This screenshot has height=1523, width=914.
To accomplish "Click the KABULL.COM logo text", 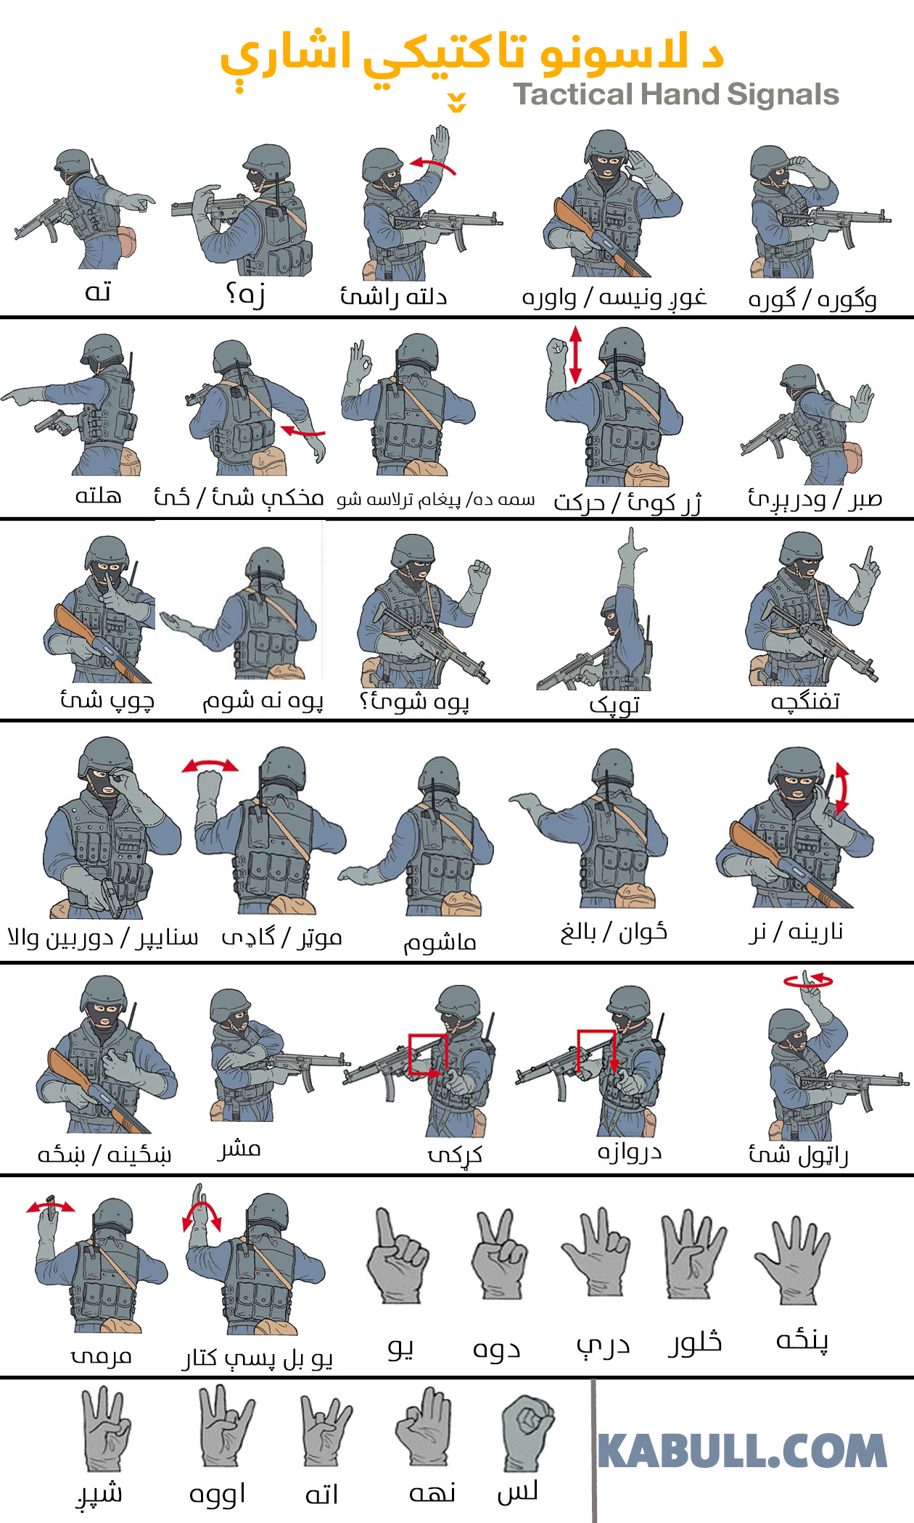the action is (742, 1451).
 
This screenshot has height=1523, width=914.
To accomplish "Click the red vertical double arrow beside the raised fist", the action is (575, 355).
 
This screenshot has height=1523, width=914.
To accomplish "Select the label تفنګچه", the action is (805, 701).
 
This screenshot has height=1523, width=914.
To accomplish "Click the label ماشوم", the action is (440, 943).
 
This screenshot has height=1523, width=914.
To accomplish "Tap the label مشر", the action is (239, 1149).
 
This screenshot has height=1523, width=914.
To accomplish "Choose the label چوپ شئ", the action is (107, 701).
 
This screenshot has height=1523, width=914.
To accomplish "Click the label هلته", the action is (98, 496).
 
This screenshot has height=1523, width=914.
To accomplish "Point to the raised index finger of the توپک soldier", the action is (633, 540).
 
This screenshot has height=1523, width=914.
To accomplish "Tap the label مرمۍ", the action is (101, 1355).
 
